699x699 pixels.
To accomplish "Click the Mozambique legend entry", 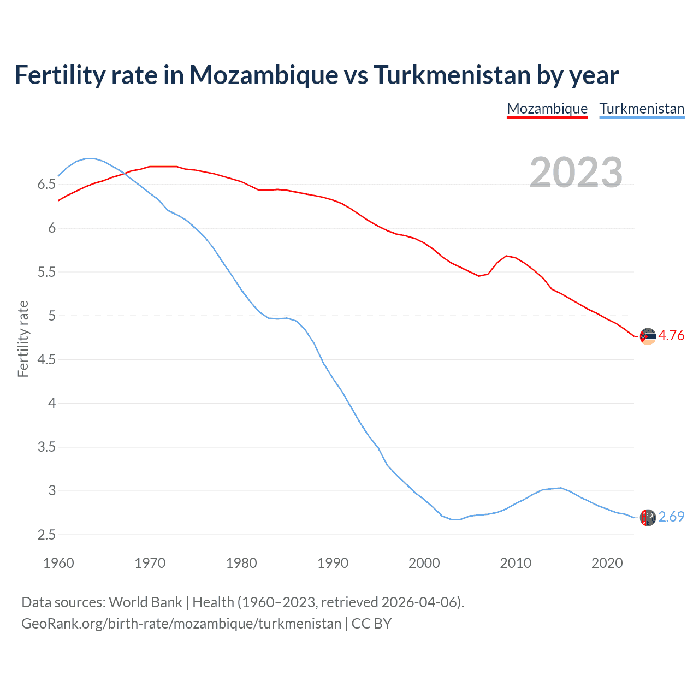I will pos(547,109).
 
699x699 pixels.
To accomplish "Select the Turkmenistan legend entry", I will pos(642,109).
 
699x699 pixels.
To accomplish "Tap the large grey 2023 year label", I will pos(576,173).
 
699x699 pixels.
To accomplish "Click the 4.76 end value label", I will pos(671,336).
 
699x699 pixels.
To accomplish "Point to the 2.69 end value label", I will pos(671,517).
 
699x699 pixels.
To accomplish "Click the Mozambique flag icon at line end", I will pos(648,336).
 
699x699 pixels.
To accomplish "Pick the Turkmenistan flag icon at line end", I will pos(648,517).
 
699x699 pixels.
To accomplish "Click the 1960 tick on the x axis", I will pos(58,563).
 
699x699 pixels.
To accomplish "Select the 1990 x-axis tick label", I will pos(333,563).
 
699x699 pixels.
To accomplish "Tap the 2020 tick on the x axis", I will pos(607,563).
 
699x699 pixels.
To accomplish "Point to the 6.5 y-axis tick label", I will pos(46,185).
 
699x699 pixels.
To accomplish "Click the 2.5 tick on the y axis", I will pos(46,535).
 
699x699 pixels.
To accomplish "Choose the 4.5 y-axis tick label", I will pos(46,360).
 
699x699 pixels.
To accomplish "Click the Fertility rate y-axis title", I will pos(23,339).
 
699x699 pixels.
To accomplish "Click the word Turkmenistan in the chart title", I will pos(452,75).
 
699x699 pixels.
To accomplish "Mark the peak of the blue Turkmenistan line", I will pos(90,158).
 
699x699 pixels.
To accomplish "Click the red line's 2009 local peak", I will pos(507,256).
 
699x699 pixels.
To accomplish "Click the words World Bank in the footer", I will pos(145,602).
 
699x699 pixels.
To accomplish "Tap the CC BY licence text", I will pos(371,624).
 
